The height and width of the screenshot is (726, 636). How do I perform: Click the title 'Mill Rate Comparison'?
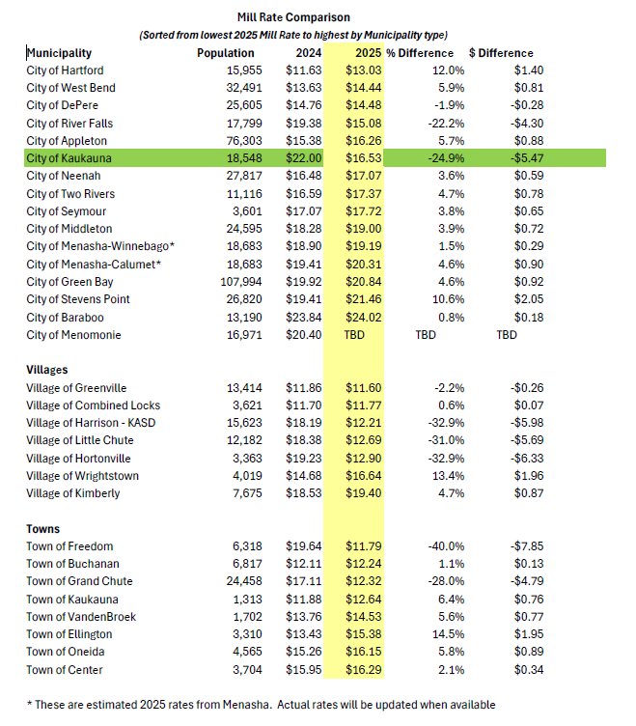[x=293, y=17]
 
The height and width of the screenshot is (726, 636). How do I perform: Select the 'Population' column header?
[x=226, y=53]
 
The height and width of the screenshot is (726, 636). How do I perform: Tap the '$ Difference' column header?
[x=501, y=53]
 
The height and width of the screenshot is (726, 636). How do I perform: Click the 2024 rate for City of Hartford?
[x=304, y=70]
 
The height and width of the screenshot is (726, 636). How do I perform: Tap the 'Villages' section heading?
[x=46, y=370]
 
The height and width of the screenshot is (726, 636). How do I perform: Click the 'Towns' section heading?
[x=43, y=529]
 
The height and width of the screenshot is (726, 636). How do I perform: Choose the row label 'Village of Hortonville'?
[x=79, y=458]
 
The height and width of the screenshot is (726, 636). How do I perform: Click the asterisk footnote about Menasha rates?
[x=261, y=705]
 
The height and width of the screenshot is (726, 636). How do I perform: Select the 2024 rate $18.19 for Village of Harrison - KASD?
[x=304, y=423]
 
